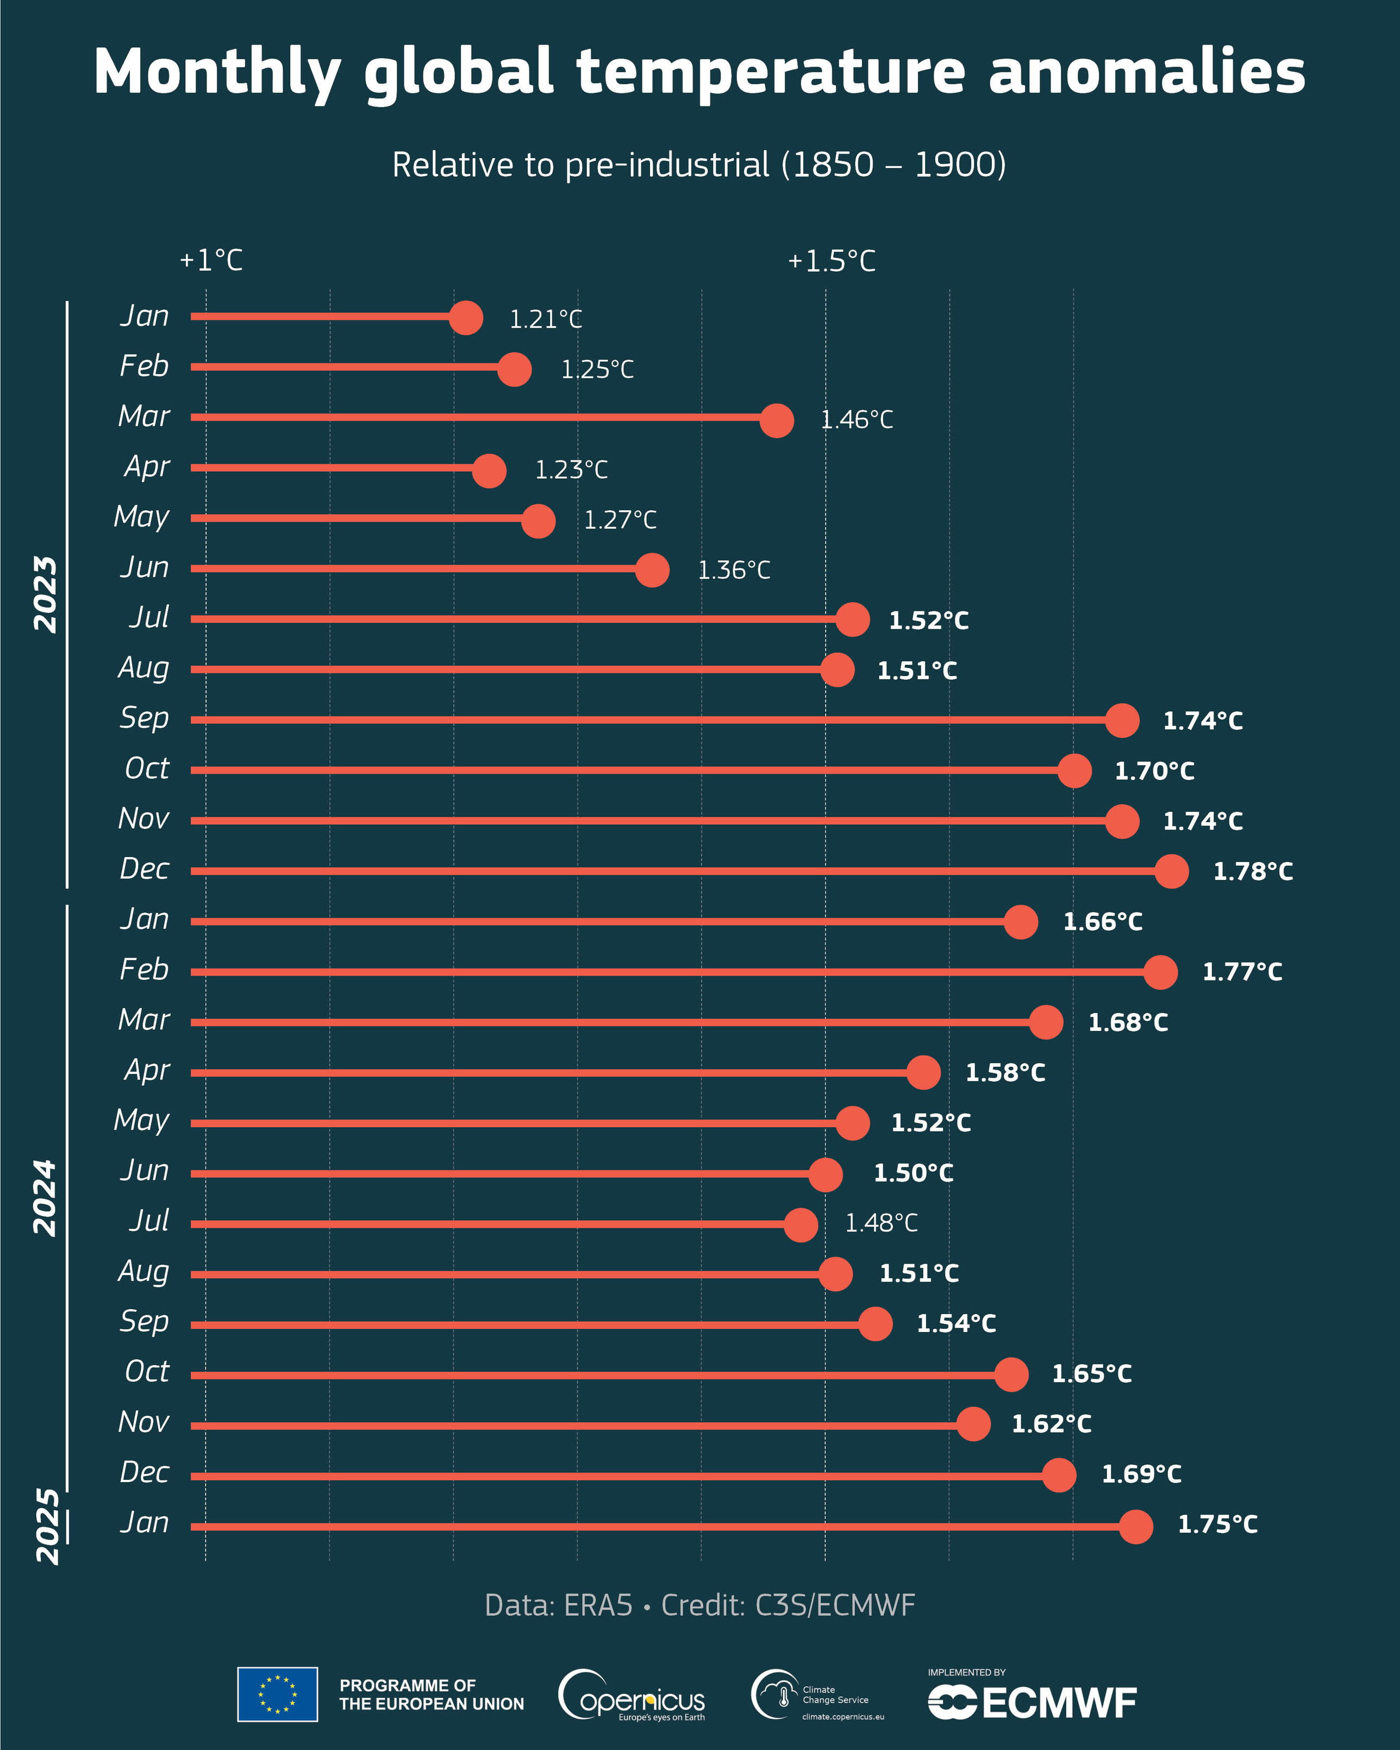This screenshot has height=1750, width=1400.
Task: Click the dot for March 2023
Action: click(x=777, y=420)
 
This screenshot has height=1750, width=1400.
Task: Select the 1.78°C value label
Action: click(x=1252, y=872)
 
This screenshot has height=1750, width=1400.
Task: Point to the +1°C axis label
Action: click(x=211, y=260)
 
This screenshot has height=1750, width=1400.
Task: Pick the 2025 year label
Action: click(x=47, y=1526)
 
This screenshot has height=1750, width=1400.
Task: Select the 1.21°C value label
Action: click(x=546, y=319)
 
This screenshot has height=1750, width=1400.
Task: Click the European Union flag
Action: click(x=278, y=1694)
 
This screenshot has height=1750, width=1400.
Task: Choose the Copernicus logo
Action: click(x=632, y=1695)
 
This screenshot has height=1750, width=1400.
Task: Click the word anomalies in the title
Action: click(x=1146, y=71)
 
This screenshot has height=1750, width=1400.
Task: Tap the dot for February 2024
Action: click(x=1160, y=972)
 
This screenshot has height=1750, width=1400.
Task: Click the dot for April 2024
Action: click(x=923, y=1072)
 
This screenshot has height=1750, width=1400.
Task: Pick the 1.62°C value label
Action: click(x=1051, y=1424)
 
